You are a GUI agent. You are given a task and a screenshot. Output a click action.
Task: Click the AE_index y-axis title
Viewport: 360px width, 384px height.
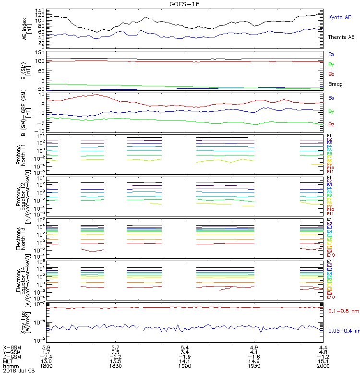point(26,28)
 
